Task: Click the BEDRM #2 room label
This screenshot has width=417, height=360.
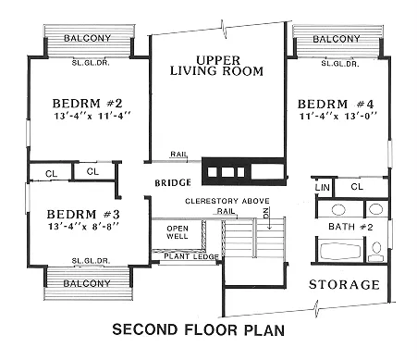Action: [x=88, y=103]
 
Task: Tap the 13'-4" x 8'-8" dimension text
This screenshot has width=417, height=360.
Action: [x=83, y=227]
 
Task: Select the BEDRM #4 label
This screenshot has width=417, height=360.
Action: [x=336, y=104]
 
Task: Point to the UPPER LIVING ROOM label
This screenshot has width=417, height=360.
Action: [x=216, y=66]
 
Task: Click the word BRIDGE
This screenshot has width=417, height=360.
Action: [x=173, y=183]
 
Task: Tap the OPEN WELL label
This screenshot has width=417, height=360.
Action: [x=178, y=232]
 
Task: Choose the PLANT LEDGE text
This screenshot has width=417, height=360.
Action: [x=191, y=256]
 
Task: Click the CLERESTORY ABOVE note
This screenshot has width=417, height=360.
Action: [x=227, y=201]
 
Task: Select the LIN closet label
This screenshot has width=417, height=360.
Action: [x=323, y=187]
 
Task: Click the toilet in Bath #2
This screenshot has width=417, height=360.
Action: [x=376, y=252]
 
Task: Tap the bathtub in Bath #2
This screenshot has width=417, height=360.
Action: [x=340, y=251]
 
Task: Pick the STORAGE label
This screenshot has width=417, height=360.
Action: [x=344, y=284]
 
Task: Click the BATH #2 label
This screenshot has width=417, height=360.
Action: [x=350, y=227]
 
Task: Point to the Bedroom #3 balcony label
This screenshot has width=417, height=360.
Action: [x=87, y=283]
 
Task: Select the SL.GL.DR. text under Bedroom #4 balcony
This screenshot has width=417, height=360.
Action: [x=340, y=64]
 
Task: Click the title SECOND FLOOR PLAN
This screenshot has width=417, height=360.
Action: [x=199, y=329]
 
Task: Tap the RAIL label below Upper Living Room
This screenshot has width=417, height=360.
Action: [x=178, y=154]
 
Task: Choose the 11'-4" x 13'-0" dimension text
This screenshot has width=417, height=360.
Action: [x=338, y=117]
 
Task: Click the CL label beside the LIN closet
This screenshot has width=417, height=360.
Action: [x=357, y=187]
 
